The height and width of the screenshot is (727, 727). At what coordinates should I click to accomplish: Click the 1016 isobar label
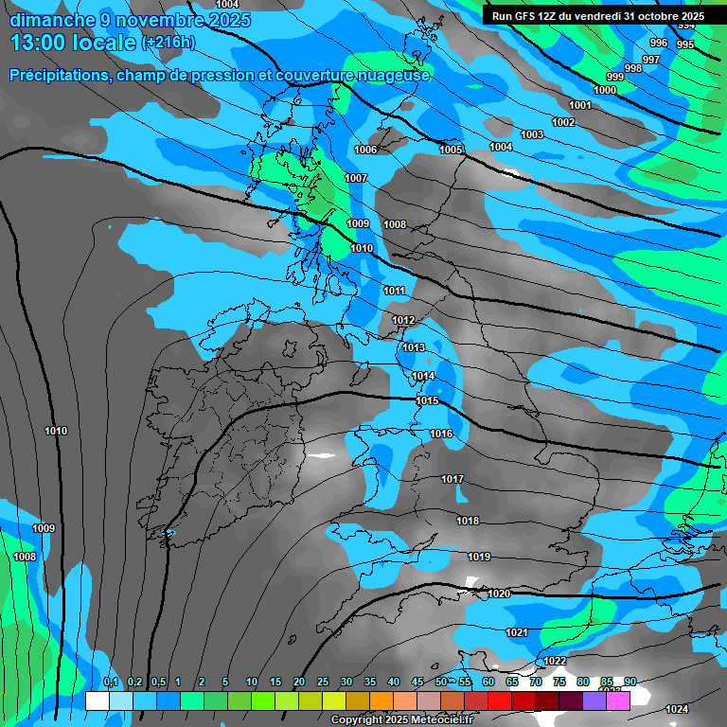pyautogui.click(x=441, y=434)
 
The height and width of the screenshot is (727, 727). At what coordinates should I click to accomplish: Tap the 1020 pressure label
pyautogui.click(x=499, y=594)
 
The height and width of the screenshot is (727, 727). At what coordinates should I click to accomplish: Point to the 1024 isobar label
pyautogui.click(x=677, y=709)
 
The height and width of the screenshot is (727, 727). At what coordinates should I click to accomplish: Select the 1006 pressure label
pyautogui.click(x=365, y=150)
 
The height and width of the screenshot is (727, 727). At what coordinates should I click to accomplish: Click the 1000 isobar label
pyautogui.click(x=605, y=90)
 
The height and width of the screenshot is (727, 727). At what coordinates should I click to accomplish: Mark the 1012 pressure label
pyautogui.click(x=403, y=320)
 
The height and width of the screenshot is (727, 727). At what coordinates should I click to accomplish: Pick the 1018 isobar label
pyautogui.click(x=468, y=521)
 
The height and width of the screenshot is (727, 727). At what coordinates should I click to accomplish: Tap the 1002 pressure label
pyautogui.click(x=563, y=122)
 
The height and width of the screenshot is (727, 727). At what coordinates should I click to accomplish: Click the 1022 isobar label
pyautogui.click(x=555, y=661)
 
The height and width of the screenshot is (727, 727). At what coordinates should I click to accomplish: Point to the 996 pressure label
pyautogui.click(x=659, y=43)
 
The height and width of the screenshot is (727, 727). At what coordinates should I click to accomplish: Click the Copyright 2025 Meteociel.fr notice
pyautogui.click(x=401, y=720)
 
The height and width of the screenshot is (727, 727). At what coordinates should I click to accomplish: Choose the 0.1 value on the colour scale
pyautogui.click(x=111, y=683)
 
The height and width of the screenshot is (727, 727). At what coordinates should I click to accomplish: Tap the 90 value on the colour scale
pyautogui.click(x=630, y=683)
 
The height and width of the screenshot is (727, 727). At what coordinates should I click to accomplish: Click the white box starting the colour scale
pyautogui.click(x=98, y=700)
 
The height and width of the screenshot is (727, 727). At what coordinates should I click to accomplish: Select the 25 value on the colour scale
pyautogui.click(x=323, y=683)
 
